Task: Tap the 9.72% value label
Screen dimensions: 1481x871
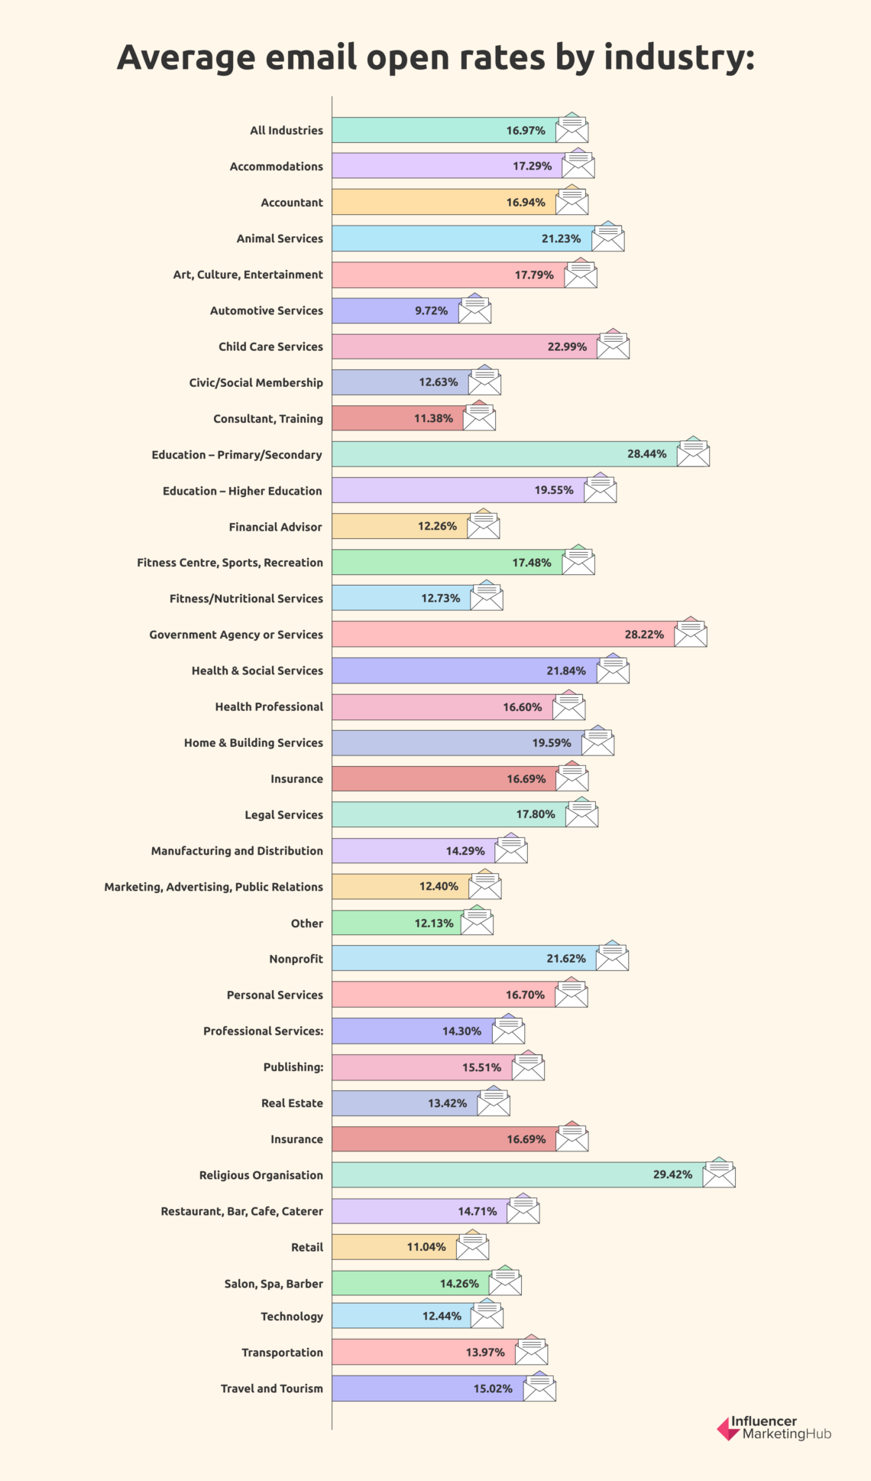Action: point(431,310)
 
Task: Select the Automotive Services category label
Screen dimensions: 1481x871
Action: point(266,310)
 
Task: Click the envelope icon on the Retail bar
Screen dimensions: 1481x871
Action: point(472,1246)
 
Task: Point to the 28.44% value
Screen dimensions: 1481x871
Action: point(646,454)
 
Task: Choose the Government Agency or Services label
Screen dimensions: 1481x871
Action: point(235,635)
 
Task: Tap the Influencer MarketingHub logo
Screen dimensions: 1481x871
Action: point(773,1427)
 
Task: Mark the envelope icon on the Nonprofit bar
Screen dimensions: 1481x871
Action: point(612,956)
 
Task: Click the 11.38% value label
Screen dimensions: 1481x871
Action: point(433,418)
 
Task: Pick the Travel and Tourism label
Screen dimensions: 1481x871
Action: point(271,1388)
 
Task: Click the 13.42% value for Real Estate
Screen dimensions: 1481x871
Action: point(447,1103)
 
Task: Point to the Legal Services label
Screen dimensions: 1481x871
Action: point(283,815)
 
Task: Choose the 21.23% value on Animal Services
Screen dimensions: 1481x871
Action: point(561,239)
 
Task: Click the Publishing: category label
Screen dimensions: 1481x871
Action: point(293,1067)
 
